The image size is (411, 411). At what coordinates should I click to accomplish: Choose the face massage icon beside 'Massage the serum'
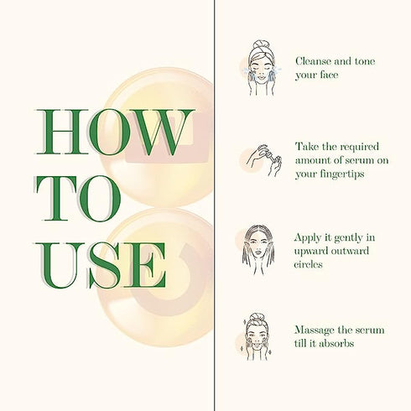[261, 336]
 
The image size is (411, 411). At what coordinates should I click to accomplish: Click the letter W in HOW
[162, 133]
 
